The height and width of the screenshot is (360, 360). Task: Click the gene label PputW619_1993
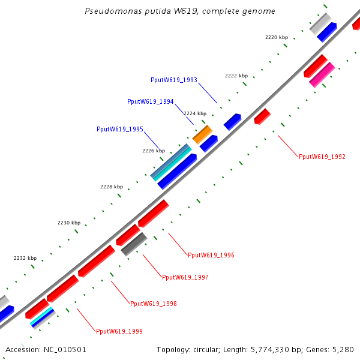(x=174, y=80)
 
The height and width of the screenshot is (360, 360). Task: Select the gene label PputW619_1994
(x=151, y=102)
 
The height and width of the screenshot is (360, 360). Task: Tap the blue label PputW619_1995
(x=120, y=129)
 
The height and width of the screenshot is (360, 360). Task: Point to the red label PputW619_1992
(x=322, y=157)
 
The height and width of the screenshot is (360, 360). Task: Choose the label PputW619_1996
(x=211, y=255)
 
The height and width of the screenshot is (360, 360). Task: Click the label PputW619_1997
(x=185, y=277)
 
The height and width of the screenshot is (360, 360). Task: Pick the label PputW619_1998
(x=154, y=304)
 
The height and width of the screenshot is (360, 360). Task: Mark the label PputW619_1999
(x=119, y=331)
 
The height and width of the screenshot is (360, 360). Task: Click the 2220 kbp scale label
(x=277, y=37)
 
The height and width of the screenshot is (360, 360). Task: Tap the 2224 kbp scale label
(x=195, y=113)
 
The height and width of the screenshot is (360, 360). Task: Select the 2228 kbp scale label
(x=111, y=187)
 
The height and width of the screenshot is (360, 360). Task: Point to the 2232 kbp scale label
(x=25, y=258)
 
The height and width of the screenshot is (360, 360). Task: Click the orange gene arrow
(x=202, y=134)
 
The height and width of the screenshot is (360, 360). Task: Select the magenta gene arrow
(x=322, y=74)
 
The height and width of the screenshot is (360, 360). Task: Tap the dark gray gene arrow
(x=134, y=244)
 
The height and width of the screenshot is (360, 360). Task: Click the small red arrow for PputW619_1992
(x=262, y=116)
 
